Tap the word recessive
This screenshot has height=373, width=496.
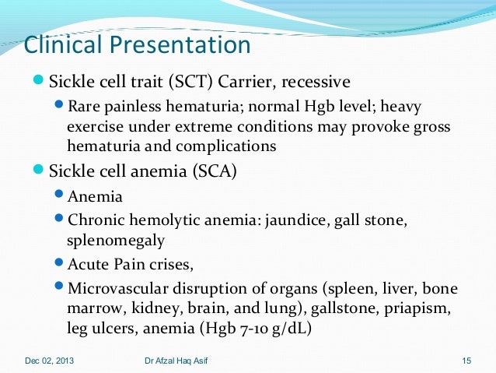[x=316, y=82]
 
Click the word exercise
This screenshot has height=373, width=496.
[x=95, y=126]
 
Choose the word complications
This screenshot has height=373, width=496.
[x=226, y=146]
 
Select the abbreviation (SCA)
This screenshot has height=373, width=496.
[x=215, y=171]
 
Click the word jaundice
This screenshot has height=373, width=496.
[x=295, y=220]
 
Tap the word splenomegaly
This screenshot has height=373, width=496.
[x=116, y=241]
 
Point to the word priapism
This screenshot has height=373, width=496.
[x=417, y=308]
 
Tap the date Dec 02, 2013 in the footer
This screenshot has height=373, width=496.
[x=49, y=361]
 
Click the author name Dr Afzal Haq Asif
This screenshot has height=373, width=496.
[x=176, y=361]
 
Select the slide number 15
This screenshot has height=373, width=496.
[x=466, y=361]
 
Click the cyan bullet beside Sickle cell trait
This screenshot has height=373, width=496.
[x=37, y=80]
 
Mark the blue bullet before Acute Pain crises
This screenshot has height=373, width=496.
[x=59, y=262]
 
